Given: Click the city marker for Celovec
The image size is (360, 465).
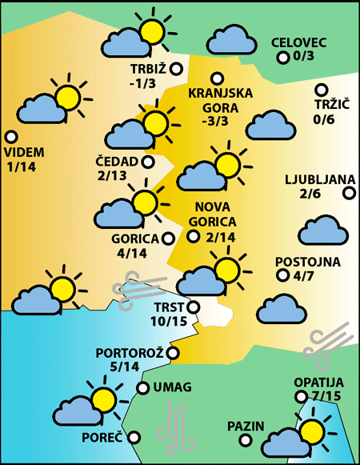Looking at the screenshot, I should (x=282, y=58).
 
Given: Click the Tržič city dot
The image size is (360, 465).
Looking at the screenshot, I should (x=322, y=90).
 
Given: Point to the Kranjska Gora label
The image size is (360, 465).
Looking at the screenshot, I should (x=220, y=100).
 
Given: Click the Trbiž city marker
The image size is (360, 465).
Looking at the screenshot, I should (x=176, y=70).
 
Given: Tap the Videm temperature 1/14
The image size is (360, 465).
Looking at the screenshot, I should (x=21, y=166).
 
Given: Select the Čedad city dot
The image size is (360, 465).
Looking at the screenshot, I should (x=148, y=162).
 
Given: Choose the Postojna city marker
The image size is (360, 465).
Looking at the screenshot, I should (x=282, y=275).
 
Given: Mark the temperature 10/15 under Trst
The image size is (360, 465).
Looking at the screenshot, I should (x=167, y=321).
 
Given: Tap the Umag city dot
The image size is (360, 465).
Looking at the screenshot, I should (x=143, y=388).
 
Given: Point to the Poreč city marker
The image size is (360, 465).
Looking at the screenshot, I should (x=134, y=437).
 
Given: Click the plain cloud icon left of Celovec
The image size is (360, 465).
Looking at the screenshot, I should (x=231, y=38).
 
